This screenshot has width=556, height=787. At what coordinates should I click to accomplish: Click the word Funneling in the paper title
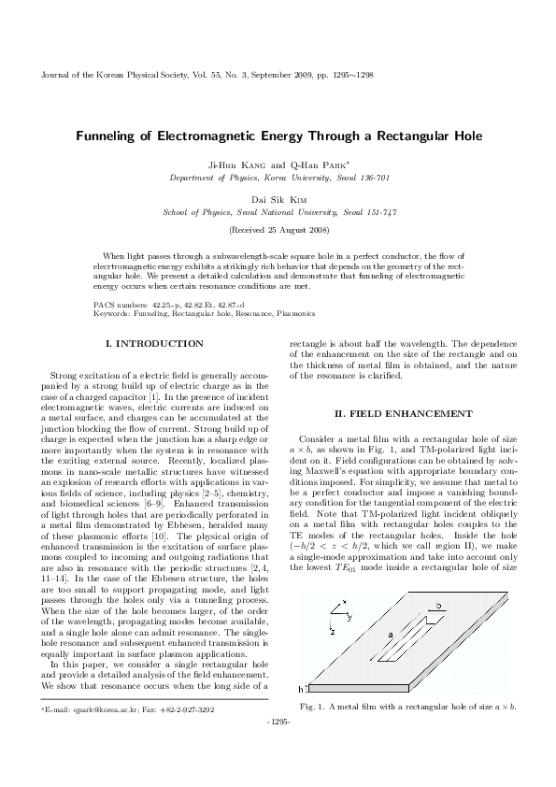110,136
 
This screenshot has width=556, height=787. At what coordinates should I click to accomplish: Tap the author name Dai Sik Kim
278,199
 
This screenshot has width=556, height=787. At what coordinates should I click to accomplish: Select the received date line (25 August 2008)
278,229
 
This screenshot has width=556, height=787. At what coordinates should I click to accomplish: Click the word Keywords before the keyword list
113,313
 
